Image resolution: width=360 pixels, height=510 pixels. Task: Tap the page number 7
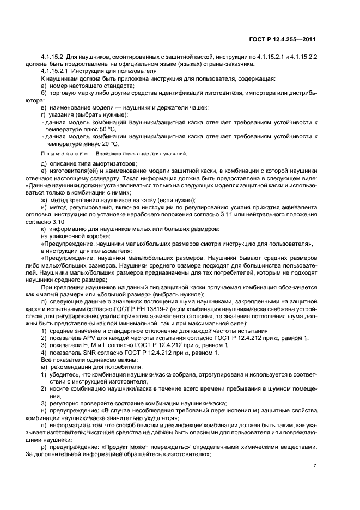(x=315, y=466)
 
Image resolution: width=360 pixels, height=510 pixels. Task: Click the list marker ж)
(x=44, y=200)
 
